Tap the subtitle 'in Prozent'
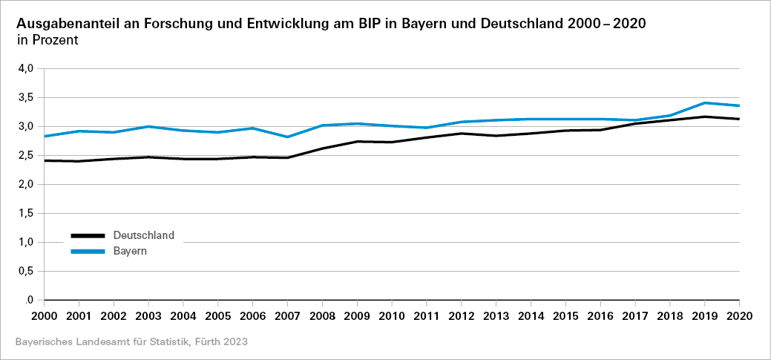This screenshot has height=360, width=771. (x=47, y=40)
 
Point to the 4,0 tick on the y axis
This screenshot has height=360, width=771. (x=26, y=68)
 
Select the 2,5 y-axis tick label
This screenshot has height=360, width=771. (x=26, y=155)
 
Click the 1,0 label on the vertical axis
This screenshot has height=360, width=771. (x=26, y=242)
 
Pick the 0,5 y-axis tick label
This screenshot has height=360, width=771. (x=26, y=271)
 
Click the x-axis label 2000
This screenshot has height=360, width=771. (x=45, y=315)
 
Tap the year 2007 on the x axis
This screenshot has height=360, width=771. (x=288, y=315)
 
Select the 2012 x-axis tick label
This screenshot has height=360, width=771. (x=462, y=315)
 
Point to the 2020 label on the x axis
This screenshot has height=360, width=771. (x=739, y=315)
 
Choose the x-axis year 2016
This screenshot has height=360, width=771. (x=600, y=315)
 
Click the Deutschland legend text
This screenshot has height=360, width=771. (x=144, y=235)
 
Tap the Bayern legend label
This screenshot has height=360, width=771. (x=130, y=251)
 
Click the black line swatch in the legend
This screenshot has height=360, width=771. (x=88, y=236)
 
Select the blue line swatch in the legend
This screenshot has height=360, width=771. (x=88, y=252)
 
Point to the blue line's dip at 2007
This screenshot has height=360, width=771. (x=288, y=137)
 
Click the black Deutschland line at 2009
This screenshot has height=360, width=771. (x=358, y=141)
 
